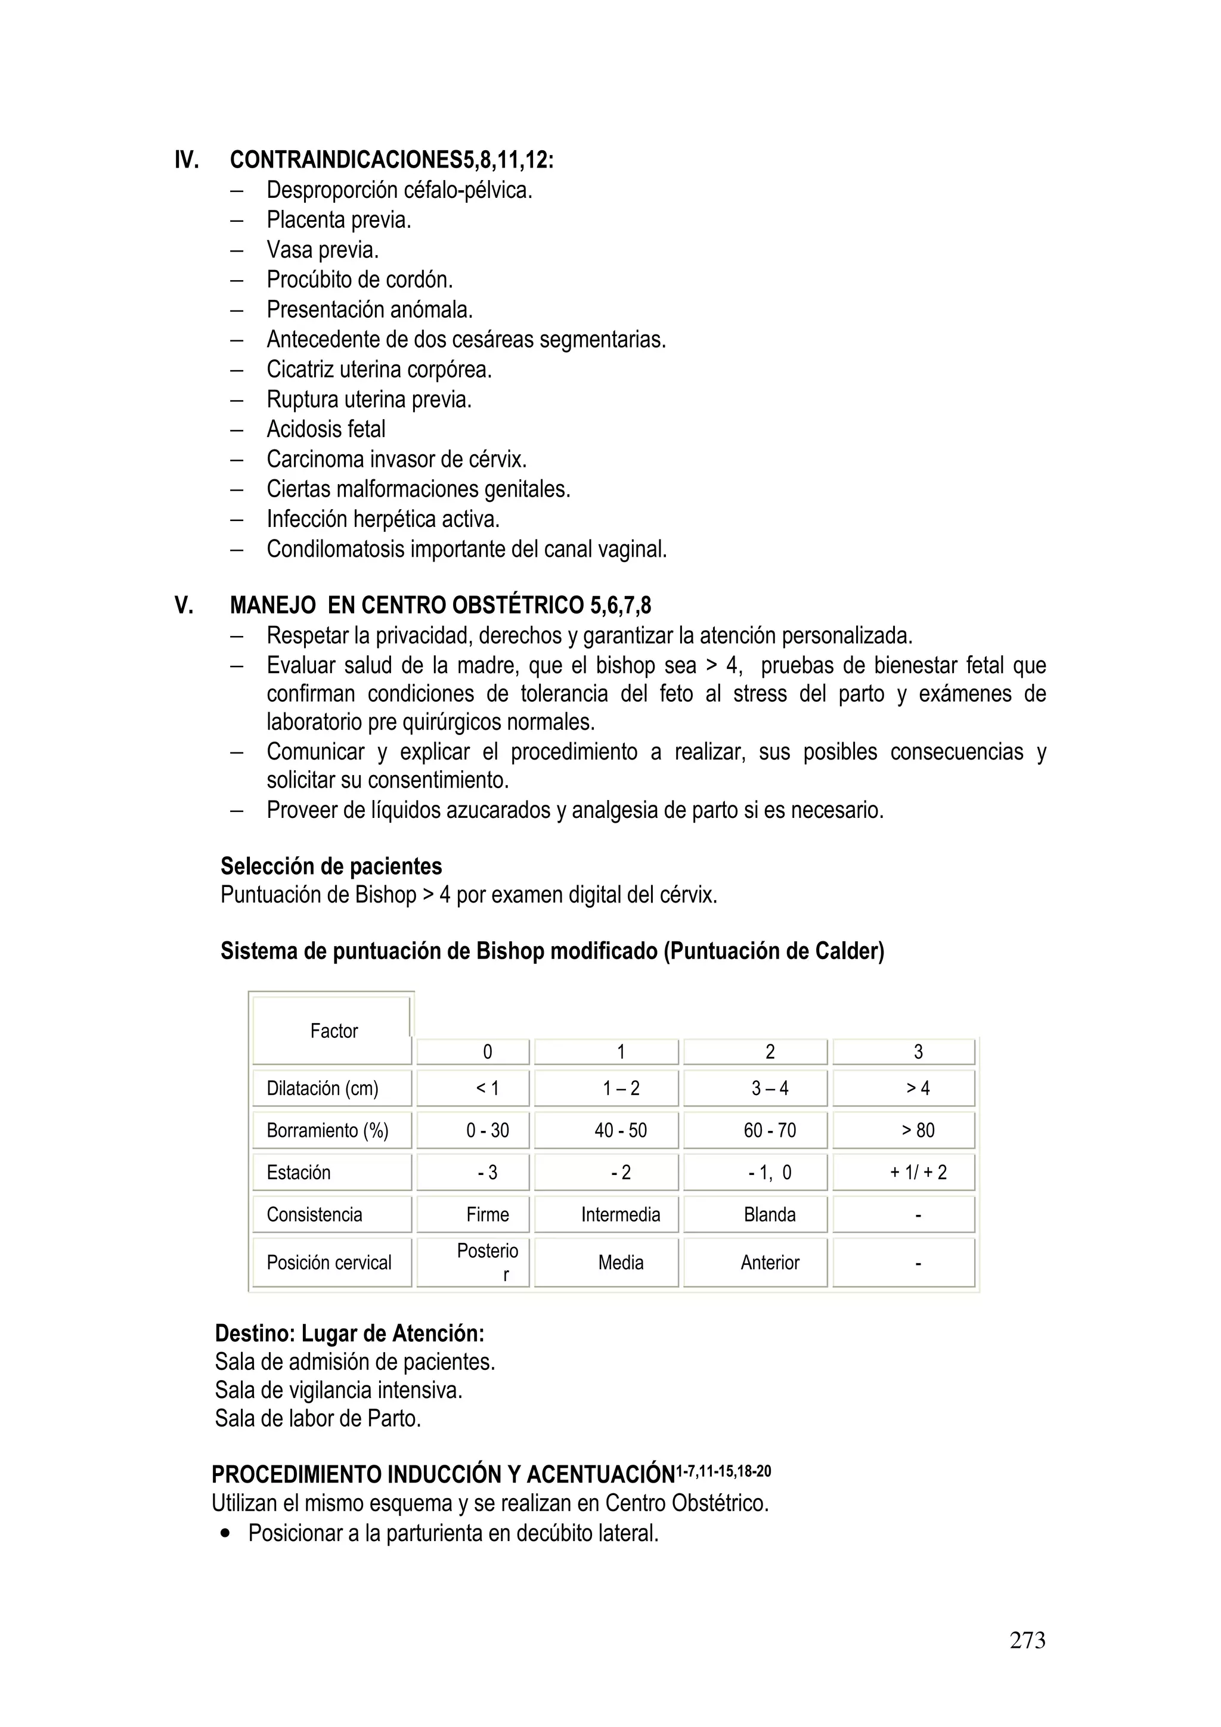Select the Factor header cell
click(333, 1031)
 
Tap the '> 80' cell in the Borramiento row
click(918, 1130)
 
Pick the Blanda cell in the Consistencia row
click(769, 1214)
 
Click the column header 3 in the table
click(918, 1052)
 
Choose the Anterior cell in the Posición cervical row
click(769, 1262)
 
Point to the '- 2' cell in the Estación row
click(621, 1172)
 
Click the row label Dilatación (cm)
click(322, 1088)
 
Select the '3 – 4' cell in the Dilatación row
click(769, 1088)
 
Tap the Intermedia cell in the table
click(621, 1214)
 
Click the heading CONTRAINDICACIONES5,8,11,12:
click(391, 160)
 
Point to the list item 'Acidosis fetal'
click(326, 429)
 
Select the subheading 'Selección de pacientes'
click(331, 867)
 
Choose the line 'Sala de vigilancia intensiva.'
click(338, 1390)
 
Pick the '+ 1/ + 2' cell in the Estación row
click(918, 1172)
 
